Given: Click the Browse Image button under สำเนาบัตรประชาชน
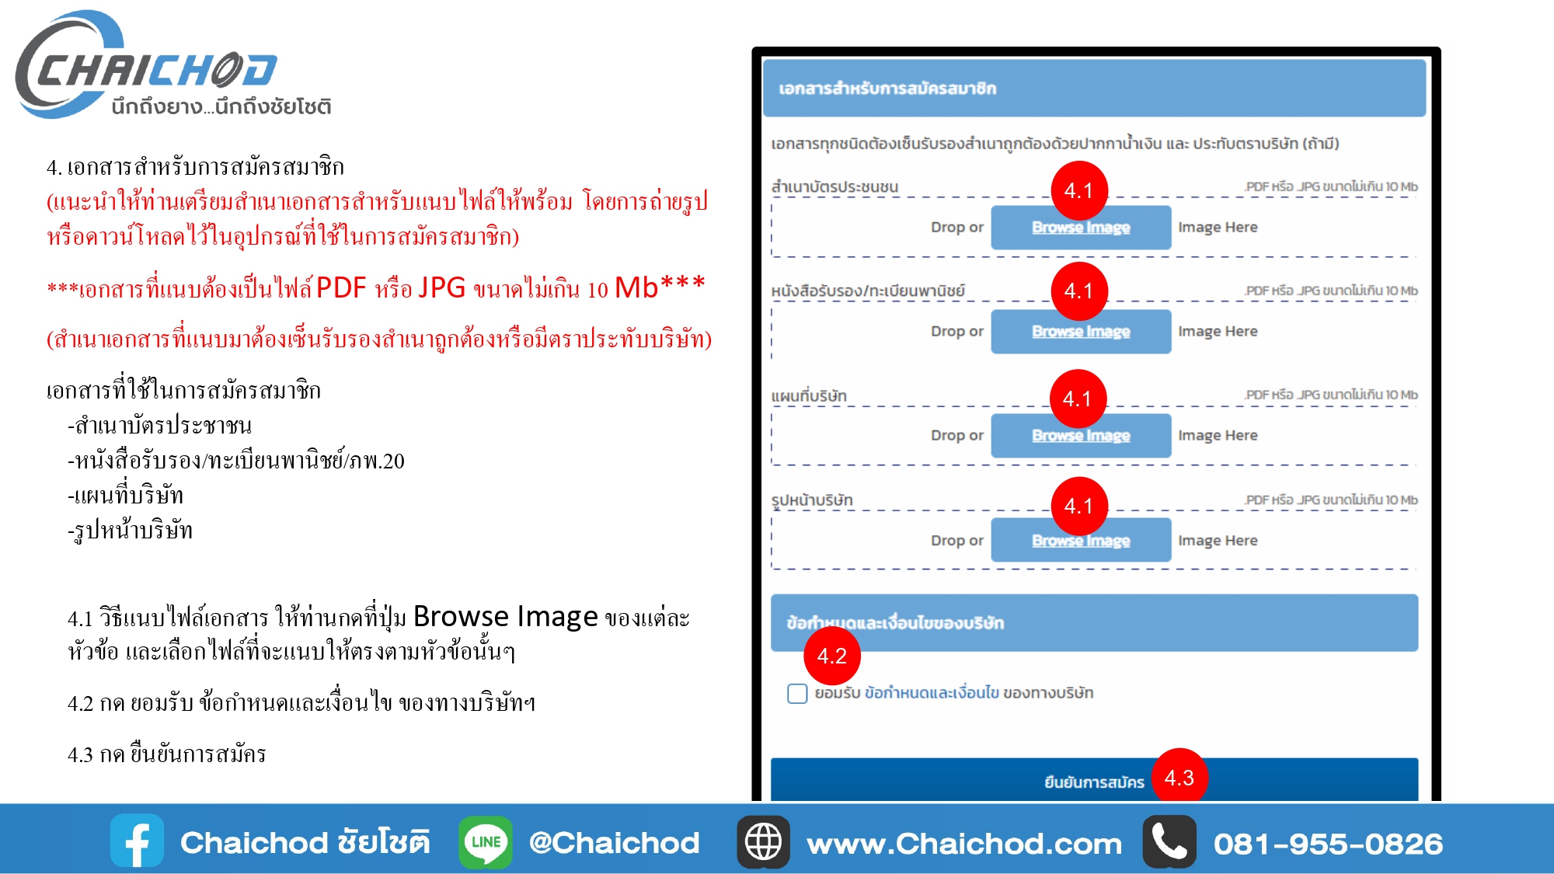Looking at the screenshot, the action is [x=1081, y=228].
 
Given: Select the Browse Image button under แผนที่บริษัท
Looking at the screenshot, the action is [x=1081, y=436].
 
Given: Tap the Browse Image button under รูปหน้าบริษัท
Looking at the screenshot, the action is [x=1081, y=541].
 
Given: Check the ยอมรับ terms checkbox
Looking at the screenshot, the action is [x=797, y=693].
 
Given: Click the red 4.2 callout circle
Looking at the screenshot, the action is [x=831, y=656].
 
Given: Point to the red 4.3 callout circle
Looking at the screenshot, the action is [x=1179, y=777].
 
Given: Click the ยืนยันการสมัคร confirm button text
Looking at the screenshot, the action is [x=1094, y=782].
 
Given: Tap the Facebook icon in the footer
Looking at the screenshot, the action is [x=138, y=841].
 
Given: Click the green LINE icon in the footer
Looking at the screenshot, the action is [x=486, y=842].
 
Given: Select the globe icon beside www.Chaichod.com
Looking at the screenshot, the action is [x=763, y=842].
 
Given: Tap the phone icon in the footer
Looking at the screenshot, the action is [x=1169, y=841].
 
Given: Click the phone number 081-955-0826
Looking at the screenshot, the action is [x=1328, y=844].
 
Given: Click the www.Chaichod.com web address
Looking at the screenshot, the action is [x=964, y=844].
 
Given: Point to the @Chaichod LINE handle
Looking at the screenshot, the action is [x=614, y=844].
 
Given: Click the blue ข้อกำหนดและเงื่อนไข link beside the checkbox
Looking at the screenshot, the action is [x=932, y=692].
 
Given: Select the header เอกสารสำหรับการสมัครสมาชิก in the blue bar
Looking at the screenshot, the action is [x=887, y=89].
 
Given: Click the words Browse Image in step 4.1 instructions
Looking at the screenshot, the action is [x=506, y=617].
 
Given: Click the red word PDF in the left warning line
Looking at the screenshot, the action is [x=341, y=288].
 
